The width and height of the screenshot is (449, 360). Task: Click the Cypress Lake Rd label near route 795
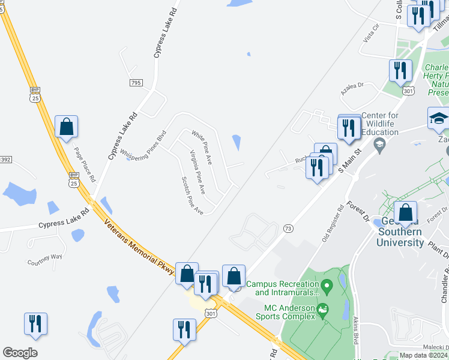point(165,34)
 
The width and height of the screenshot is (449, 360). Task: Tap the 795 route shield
point(135,82)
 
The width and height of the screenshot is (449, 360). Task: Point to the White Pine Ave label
point(202,148)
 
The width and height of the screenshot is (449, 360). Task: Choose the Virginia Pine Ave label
point(197,172)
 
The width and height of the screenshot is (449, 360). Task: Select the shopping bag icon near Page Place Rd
point(66,127)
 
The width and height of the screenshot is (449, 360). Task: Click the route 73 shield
point(288,228)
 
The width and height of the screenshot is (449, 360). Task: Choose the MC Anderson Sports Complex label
point(286,311)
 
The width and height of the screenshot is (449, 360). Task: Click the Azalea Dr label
point(352,88)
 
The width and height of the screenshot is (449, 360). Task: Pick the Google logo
point(20,353)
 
